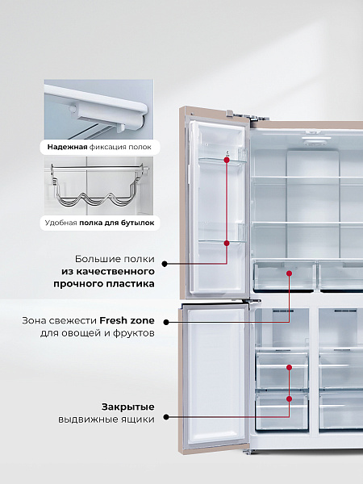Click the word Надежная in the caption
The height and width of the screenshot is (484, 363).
(67, 147)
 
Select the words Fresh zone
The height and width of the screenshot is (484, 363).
(127, 320)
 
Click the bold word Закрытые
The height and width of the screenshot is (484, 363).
(128, 407)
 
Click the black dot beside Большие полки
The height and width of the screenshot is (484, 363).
(165, 264)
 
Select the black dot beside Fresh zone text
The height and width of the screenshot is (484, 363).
(166, 322)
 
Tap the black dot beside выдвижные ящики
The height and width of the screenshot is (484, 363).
(166, 417)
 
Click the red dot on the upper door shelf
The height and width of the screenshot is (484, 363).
(227, 160)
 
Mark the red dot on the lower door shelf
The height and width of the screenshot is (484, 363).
(227, 244)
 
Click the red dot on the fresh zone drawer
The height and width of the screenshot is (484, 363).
(290, 273)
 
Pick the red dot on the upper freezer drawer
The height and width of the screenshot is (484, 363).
(290, 367)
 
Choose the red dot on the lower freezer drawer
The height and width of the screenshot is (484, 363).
(290, 398)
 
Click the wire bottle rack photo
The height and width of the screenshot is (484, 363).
(98, 186)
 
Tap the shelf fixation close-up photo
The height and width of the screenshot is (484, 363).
(98, 109)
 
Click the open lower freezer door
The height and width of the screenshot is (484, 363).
(215, 378)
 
